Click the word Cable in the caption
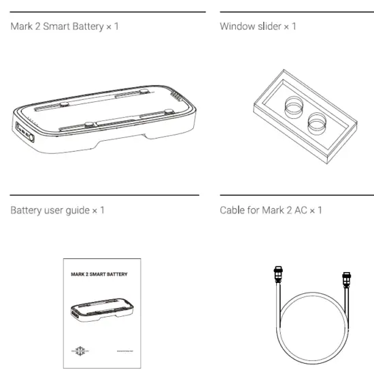pyautogui.click(x=232, y=210)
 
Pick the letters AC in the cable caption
pyautogui.click(x=300, y=210)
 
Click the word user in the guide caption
pyautogui.click(x=52, y=210)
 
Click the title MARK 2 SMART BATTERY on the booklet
pyautogui.click(x=99, y=275)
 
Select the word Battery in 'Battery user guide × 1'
pyautogui.click(x=24, y=210)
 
